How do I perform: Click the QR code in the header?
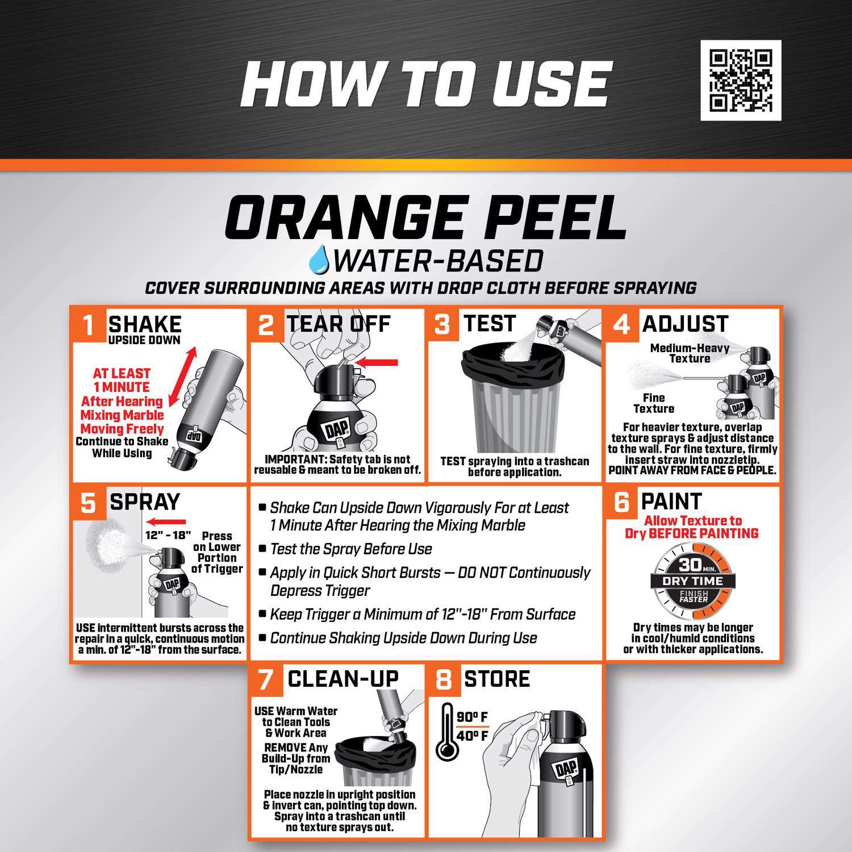point(741,80)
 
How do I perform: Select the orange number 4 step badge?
point(622,325)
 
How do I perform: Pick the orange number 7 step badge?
point(266,680)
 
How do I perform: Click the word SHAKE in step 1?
point(145,324)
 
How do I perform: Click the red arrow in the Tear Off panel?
point(375,362)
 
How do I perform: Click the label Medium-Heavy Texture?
point(690,353)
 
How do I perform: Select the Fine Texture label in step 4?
point(654,403)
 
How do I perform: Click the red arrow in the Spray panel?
point(165,522)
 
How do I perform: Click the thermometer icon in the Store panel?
point(448,733)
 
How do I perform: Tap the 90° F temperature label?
point(473,717)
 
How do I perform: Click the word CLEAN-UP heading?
point(343,679)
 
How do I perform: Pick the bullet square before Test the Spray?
point(262,549)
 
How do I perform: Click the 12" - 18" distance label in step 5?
point(168,535)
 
